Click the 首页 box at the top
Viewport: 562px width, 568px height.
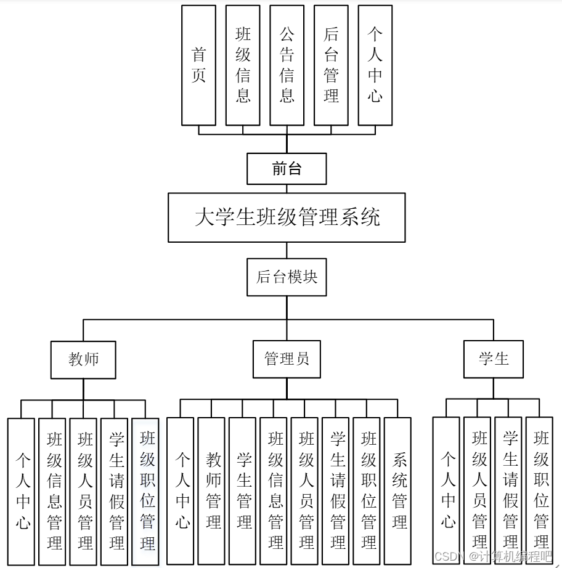pos(198,65)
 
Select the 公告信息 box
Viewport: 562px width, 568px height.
pos(287,65)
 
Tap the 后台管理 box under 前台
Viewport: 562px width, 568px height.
pos(331,65)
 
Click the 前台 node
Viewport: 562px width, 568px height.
pos(287,169)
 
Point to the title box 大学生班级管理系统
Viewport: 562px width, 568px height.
pos(287,217)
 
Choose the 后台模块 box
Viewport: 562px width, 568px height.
pos(287,277)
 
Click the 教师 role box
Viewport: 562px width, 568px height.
pos(83,359)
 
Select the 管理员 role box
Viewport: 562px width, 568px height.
pos(287,359)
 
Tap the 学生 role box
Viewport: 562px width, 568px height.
pos(493,359)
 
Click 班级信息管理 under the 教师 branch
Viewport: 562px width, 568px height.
pos(54,492)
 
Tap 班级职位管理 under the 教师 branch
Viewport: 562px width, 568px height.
pos(146,492)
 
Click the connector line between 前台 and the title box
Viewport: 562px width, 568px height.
pos(287,189)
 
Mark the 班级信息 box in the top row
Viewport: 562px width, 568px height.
pos(243,65)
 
